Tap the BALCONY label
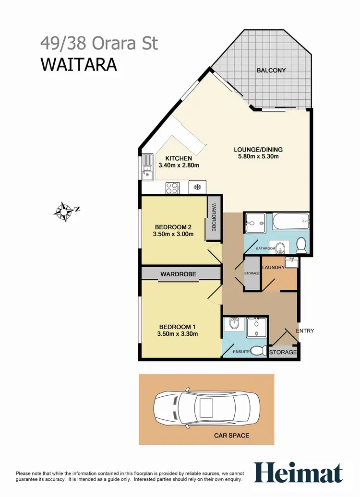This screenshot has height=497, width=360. coord(271,71)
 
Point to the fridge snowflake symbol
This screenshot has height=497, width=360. coord(197,187)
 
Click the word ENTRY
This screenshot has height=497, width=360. coord(305,331)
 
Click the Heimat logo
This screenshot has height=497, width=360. coord(298,472)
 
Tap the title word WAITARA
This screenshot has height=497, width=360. coord(79,64)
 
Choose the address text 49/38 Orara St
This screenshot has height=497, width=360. coord(99,44)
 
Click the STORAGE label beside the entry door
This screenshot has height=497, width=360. coord(283,353)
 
